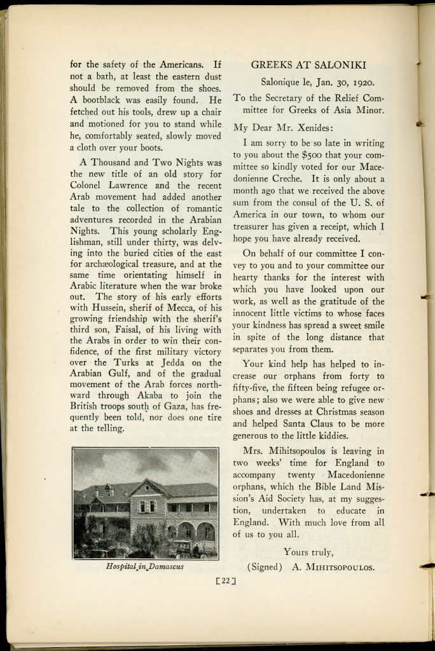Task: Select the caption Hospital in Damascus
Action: coord(145,566)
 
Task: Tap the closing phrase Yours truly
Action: coord(308,551)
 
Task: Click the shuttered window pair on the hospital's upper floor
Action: coord(147,506)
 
